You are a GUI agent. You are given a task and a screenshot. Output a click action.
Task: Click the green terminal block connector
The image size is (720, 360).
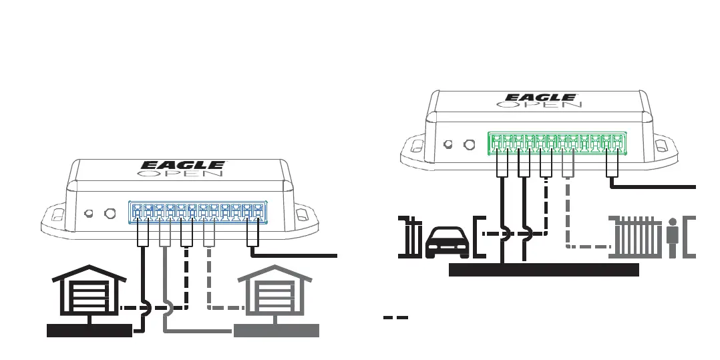(557, 142)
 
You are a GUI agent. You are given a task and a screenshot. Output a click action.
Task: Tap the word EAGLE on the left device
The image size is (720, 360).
(182, 164)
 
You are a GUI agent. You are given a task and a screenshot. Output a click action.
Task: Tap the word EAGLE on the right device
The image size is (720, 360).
(540, 98)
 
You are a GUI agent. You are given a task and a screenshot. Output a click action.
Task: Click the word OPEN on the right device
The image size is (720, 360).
(540, 106)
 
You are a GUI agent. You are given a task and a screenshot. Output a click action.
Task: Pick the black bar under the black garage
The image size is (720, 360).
(89, 331)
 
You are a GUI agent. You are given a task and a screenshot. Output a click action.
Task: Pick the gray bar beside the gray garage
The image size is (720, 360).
(277, 331)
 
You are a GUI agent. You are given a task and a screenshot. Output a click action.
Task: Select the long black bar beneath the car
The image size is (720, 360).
(544, 270)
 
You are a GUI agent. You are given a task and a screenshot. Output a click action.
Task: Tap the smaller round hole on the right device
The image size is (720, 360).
(449, 144)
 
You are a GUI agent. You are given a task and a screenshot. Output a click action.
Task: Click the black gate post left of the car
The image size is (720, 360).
(408, 236)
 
